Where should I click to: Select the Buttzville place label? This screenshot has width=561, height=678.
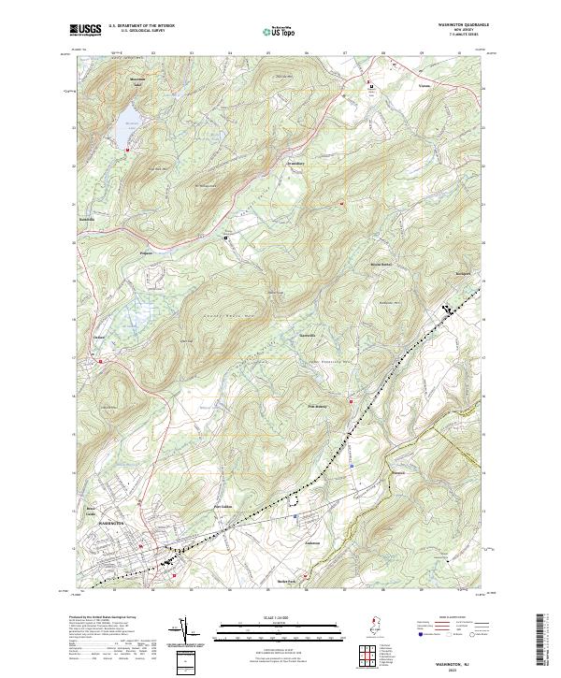click(86, 221)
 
